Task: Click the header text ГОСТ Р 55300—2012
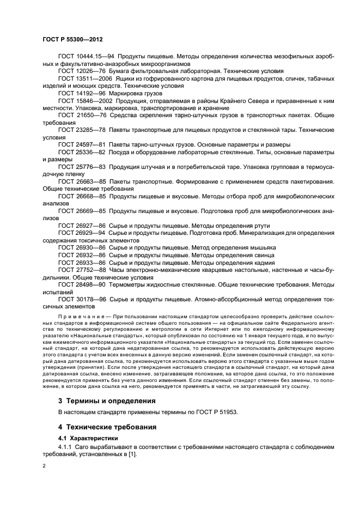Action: coord(72,40)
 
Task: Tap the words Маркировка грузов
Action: coord(141,93)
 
